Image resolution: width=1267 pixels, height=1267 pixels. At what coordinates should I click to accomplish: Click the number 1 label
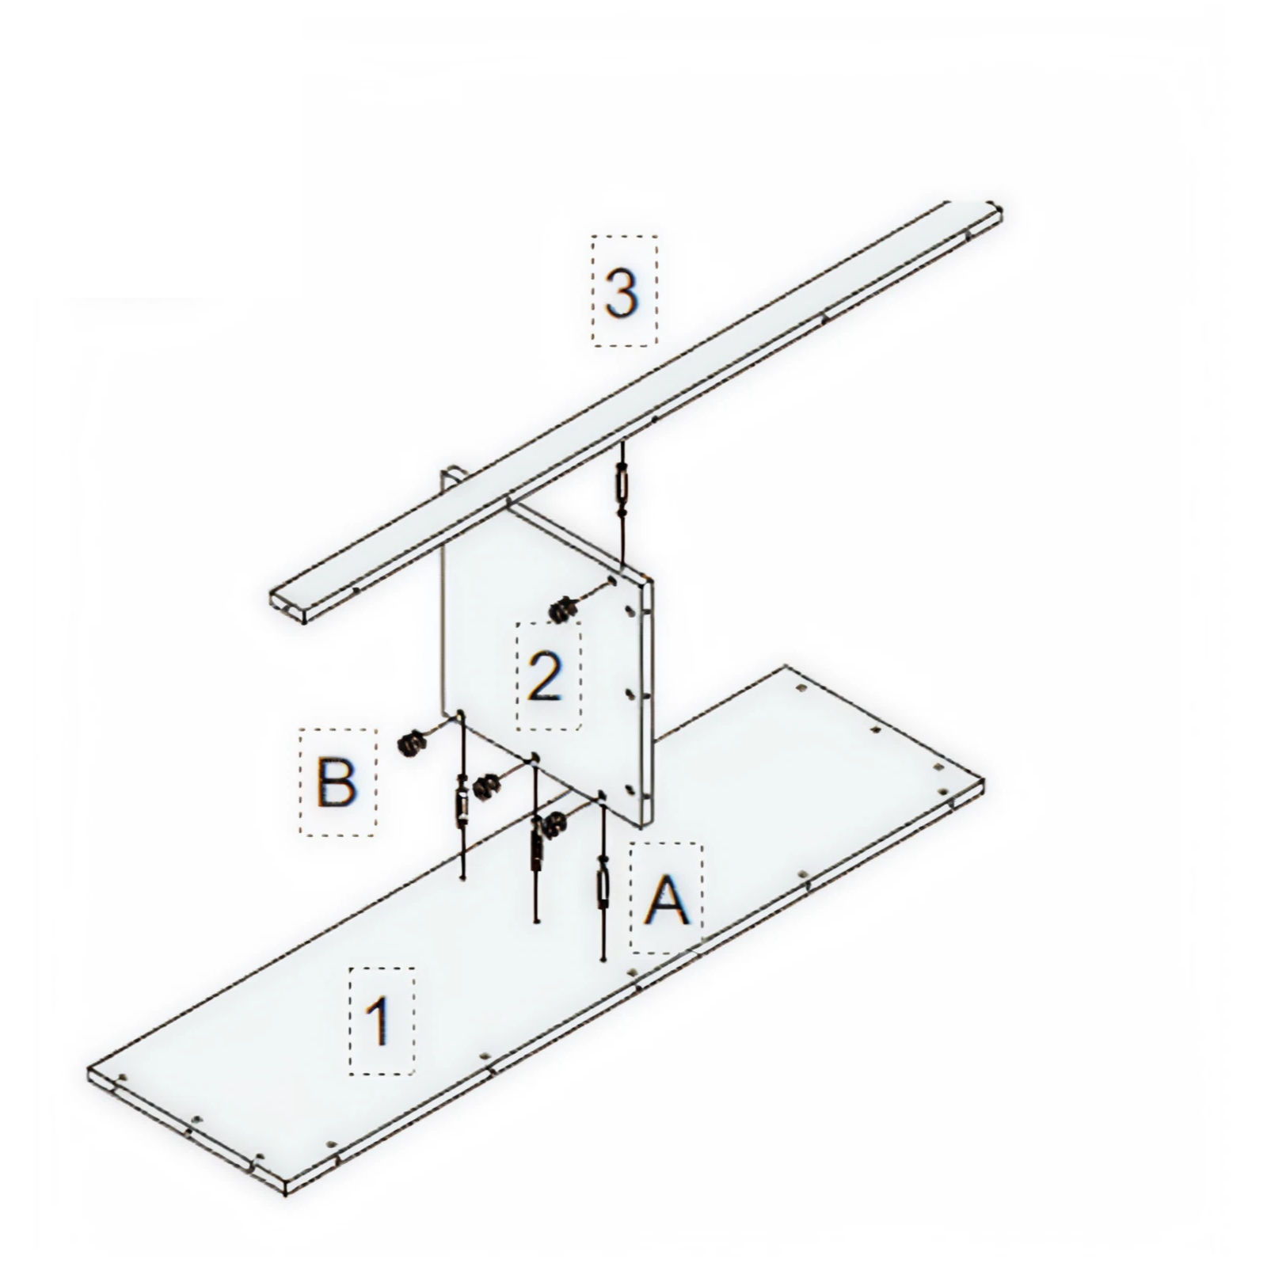(x=382, y=1021)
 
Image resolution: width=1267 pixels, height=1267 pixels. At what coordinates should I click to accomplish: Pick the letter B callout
(x=337, y=782)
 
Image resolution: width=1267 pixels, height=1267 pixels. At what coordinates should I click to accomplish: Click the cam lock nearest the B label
(x=410, y=745)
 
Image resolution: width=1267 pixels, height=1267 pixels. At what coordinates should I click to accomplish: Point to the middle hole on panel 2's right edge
(x=630, y=694)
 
